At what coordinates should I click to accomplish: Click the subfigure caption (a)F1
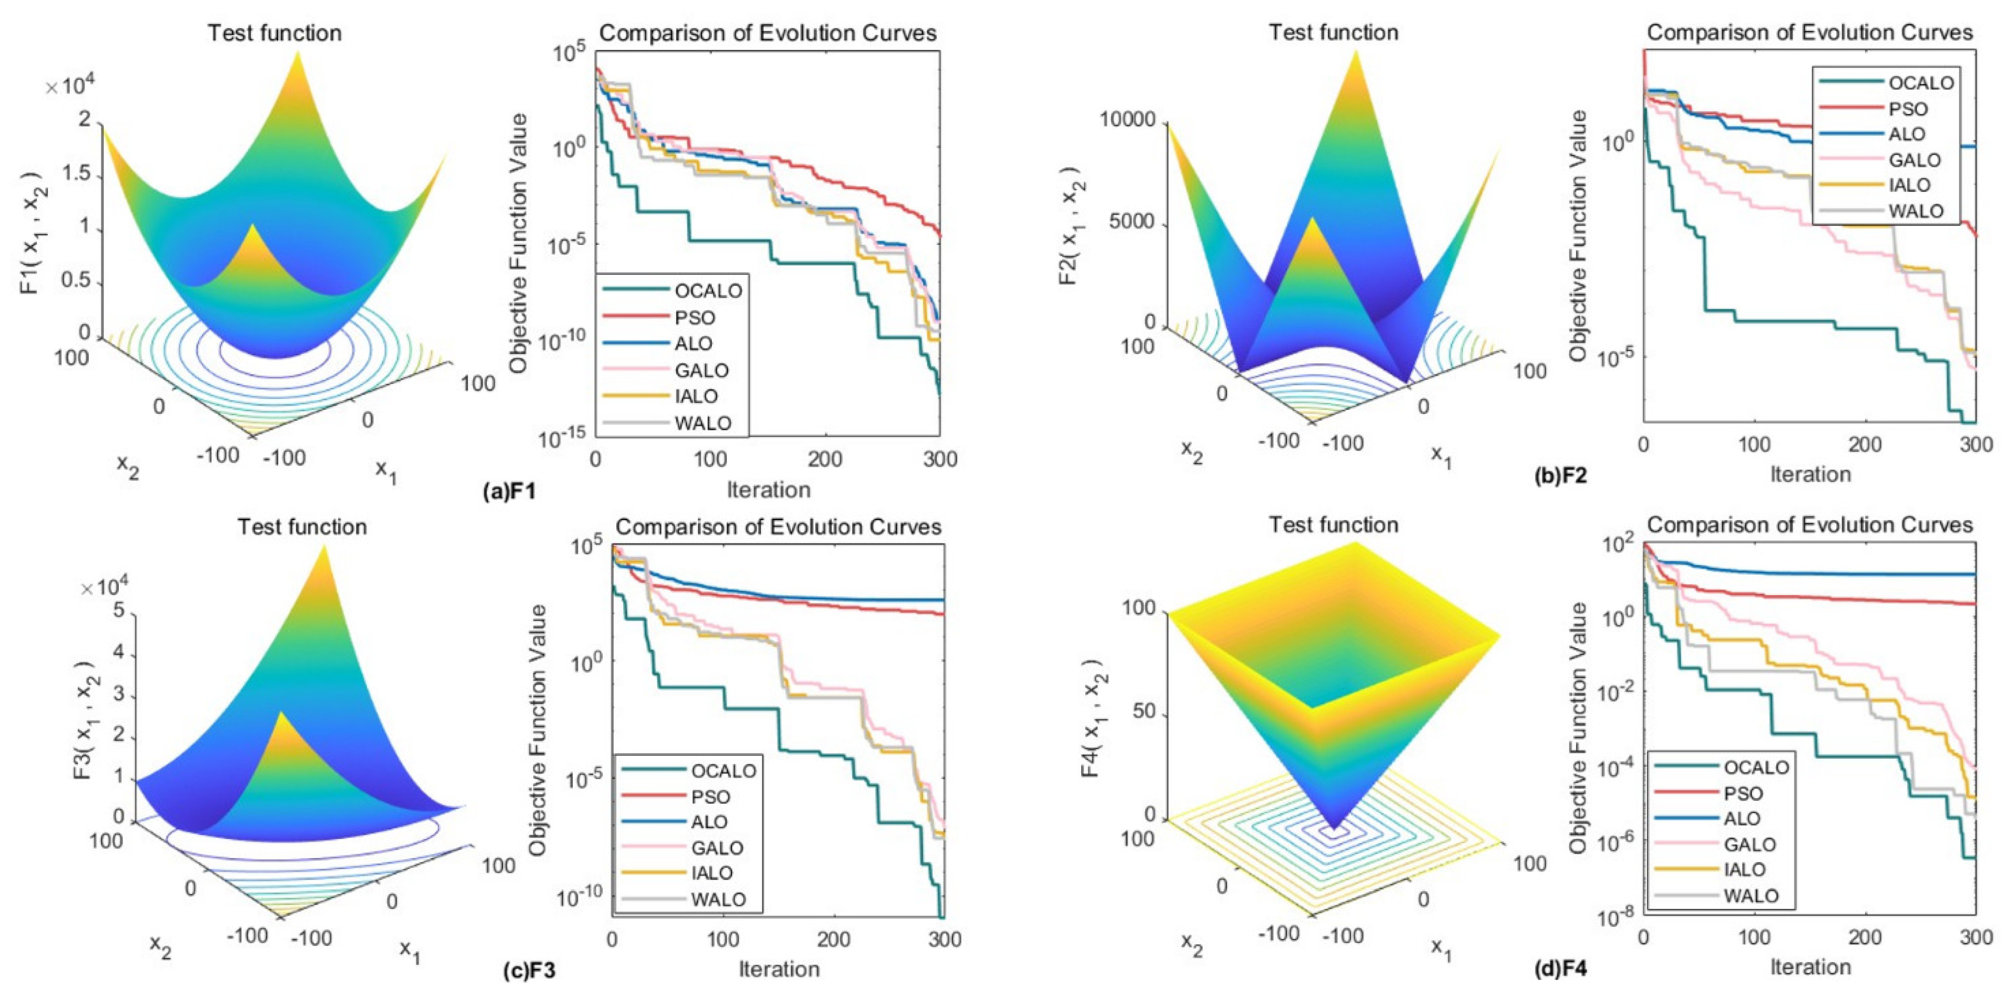click(509, 491)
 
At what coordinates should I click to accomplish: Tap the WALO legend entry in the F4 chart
click(1750, 896)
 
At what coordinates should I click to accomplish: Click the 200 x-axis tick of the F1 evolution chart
click(825, 459)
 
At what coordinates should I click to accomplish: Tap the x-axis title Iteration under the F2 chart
click(1810, 474)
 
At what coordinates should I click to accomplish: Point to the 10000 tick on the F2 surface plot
click(1126, 120)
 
